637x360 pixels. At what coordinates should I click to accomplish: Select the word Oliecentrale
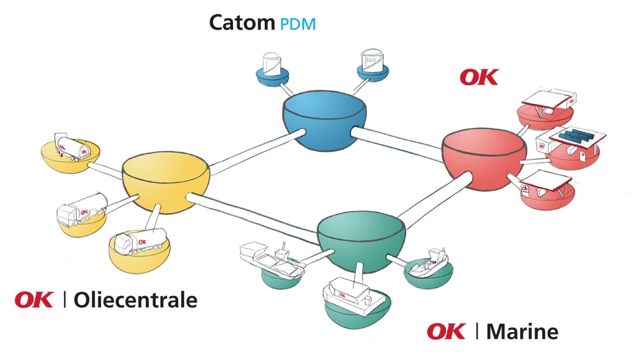point(135,300)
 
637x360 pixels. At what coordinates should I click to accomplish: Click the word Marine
point(522,331)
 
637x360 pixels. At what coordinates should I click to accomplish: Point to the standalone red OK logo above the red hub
point(479,77)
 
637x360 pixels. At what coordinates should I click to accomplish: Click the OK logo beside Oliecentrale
point(34,300)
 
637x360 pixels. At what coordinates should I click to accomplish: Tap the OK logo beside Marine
point(446,331)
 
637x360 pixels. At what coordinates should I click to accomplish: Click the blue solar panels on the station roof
point(576,134)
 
